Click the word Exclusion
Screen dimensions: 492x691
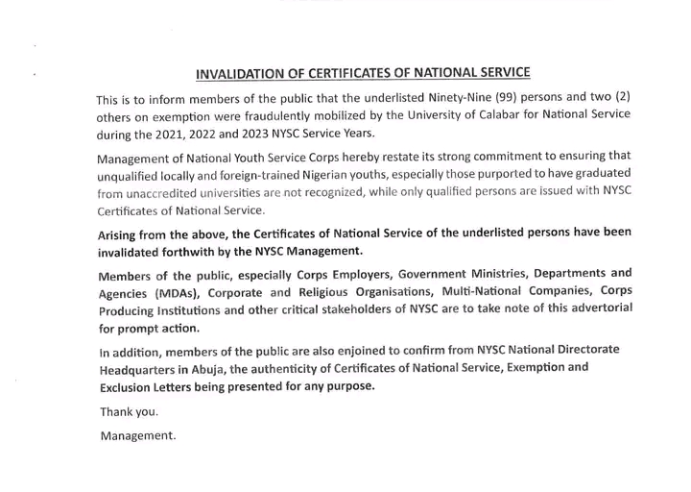point(129,387)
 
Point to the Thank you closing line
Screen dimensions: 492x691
point(130,412)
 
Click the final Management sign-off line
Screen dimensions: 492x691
point(138,436)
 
